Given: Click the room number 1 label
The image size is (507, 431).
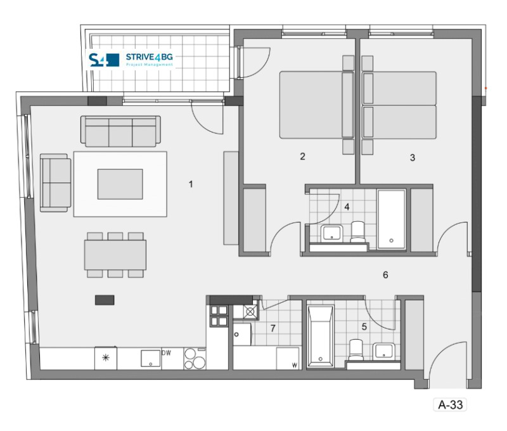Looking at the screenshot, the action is [x=191, y=184].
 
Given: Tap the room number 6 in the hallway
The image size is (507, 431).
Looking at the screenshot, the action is [x=385, y=275].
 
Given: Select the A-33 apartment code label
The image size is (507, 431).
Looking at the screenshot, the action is [x=451, y=404].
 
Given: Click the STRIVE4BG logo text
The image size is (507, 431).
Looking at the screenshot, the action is [x=149, y=57].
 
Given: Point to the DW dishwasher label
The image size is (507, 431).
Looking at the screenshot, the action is [x=166, y=353].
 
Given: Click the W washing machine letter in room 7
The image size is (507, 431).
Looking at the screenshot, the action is [x=295, y=365].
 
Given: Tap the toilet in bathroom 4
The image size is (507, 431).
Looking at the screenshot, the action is [x=357, y=231].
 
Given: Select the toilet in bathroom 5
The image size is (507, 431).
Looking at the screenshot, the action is [x=356, y=349].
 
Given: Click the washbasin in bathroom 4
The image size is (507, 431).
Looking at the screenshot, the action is [x=331, y=233].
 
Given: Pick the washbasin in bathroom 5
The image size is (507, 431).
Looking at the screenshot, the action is [x=383, y=351].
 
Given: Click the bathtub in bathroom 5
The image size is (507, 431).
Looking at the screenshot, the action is [x=320, y=336].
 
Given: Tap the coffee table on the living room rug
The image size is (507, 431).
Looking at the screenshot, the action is [x=120, y=184].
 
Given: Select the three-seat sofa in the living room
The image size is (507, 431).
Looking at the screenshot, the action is [x=120, y=131].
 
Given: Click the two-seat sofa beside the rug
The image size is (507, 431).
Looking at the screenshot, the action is [x=56, y=183].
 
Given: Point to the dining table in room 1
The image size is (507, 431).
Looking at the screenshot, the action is [x=115, y=255].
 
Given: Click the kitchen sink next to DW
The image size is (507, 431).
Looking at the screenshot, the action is [x=151, y=358].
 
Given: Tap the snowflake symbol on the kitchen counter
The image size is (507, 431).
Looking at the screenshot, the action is [x=106, y=357].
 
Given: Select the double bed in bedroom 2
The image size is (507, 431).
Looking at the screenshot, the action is [x=317, y=105].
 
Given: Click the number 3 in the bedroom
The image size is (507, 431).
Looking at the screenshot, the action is [x=413, y=157].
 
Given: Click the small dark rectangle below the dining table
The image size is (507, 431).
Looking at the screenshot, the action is [x=105, y=300].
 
